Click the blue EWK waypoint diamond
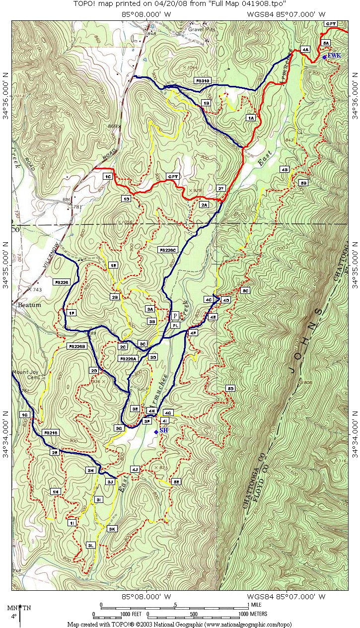324,57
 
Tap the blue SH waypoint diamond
156,432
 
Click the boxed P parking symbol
175,316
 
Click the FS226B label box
77,346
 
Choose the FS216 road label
51,433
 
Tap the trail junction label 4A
305,49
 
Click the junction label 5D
230,388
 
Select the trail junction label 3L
91,545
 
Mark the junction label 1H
55,491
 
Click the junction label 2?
221,188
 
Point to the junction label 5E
176,481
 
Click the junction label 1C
107,176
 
